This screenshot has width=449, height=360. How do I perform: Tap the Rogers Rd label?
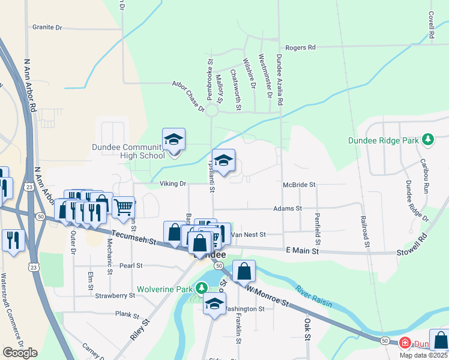(300, 47)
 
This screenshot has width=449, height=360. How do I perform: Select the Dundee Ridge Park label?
(383, 141)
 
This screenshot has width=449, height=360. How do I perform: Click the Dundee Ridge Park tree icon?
(427, 140)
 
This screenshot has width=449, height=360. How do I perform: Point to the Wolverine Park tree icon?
(198, 289)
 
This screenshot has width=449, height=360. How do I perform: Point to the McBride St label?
(300, 185)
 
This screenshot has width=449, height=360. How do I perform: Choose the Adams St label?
(287, 208)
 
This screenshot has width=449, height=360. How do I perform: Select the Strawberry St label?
(115, 295)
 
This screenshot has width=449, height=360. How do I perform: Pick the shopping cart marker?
(123, 208)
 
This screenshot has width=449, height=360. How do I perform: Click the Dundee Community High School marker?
(174, 141)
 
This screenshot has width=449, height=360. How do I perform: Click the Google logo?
(20, 353)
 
